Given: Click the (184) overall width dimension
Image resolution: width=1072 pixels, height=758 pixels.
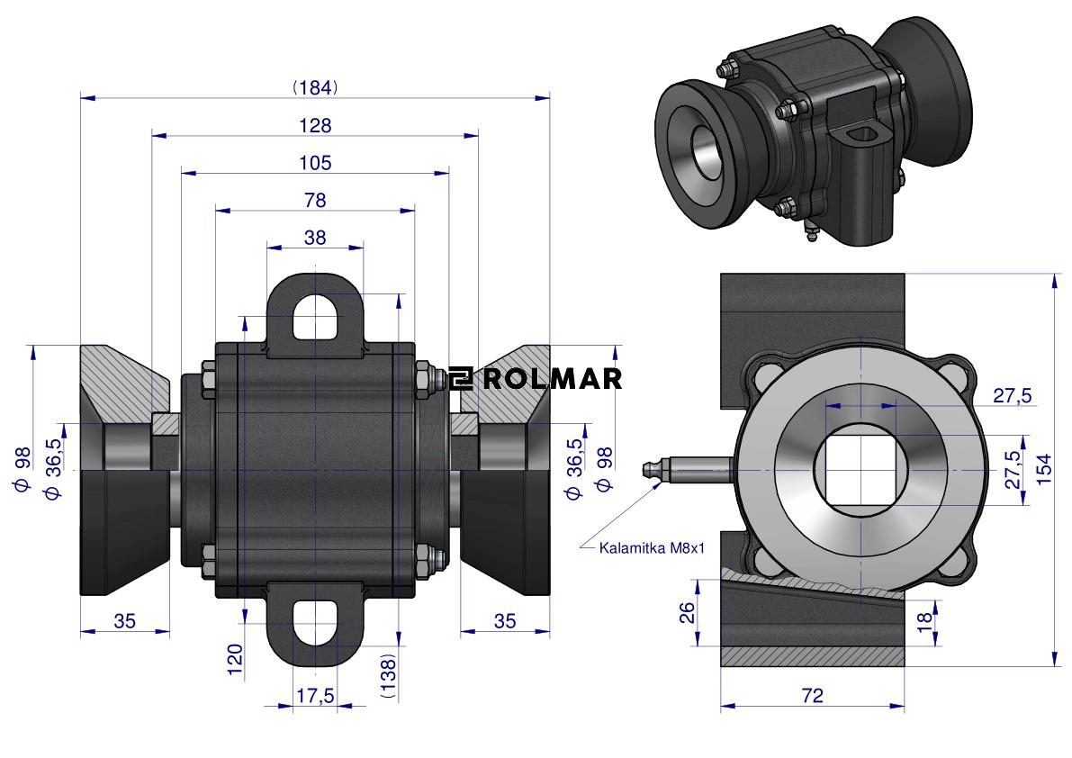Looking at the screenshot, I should coord(314,87).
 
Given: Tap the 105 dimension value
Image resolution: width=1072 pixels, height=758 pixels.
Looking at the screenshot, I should coord(314,163).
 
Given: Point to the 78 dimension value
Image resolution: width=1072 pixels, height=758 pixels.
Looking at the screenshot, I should coord(315,199).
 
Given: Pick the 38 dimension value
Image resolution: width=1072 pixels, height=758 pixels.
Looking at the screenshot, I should coord(315,237).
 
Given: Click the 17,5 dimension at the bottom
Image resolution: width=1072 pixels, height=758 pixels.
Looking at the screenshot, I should coord(315,696).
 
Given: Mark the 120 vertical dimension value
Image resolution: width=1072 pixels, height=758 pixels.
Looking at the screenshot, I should coord(235,659).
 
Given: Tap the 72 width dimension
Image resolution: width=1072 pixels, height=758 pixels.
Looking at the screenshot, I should coord(812,695).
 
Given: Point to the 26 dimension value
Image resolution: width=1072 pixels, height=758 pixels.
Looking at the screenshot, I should coord(687,613).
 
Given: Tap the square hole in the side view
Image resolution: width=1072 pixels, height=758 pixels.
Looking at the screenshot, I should coord(860,470).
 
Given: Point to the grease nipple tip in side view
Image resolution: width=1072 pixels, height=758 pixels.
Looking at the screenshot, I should coord(644,469).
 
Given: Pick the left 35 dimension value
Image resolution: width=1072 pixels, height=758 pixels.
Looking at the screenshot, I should coord(125,620).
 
